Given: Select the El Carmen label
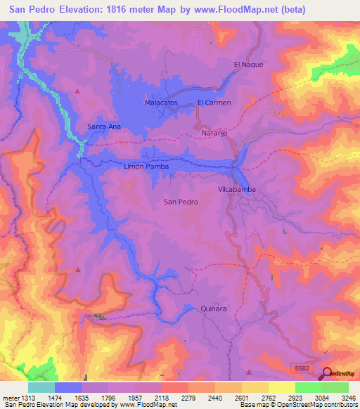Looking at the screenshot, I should pos(214,103).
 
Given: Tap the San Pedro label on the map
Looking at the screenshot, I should pos(181,202).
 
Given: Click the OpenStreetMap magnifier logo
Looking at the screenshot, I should pos(326,373).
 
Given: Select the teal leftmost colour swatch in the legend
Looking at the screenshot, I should pos(41,387).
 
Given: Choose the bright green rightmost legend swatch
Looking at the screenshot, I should pos(335,387).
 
